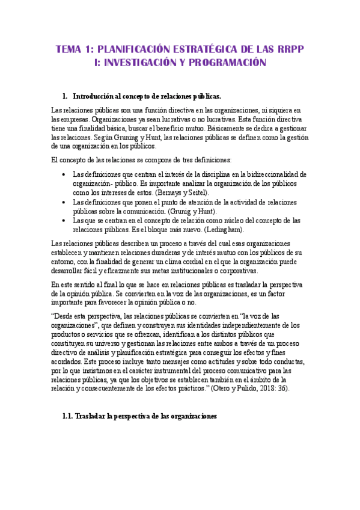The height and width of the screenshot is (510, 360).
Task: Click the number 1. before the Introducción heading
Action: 66,96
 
